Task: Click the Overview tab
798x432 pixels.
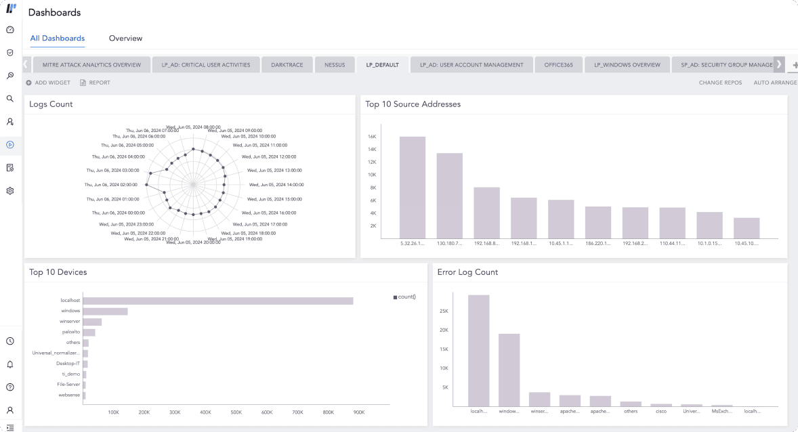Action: [x=125, y=39]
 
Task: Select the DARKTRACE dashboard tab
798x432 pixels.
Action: [x=287, y=65]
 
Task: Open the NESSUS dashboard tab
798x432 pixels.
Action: [x=335, y=65]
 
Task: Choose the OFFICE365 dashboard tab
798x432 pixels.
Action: [x=558, y=65]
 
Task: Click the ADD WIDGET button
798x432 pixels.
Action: [x=48, y=83]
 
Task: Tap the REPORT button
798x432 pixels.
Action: [x=95, y=83]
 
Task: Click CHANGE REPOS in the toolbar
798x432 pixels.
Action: [x=720, y=83]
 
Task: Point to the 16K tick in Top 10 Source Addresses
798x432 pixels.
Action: [x=372, y=137]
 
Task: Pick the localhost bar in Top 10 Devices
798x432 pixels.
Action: [x=217, y=301]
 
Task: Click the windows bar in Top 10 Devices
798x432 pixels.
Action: [x=105, y=311]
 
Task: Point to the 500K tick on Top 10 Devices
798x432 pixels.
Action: [x=236, y=412]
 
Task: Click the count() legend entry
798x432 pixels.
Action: [x=404, y=297]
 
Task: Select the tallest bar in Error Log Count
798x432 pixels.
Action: [x=478, y=349]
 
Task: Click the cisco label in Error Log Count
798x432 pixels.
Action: [x=660, y=411]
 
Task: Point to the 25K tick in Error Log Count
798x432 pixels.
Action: [x=444, y=311]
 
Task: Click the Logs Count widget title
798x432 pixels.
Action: [x=51, y=104]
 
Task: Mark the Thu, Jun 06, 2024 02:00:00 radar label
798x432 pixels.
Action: [x=111, y=184]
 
